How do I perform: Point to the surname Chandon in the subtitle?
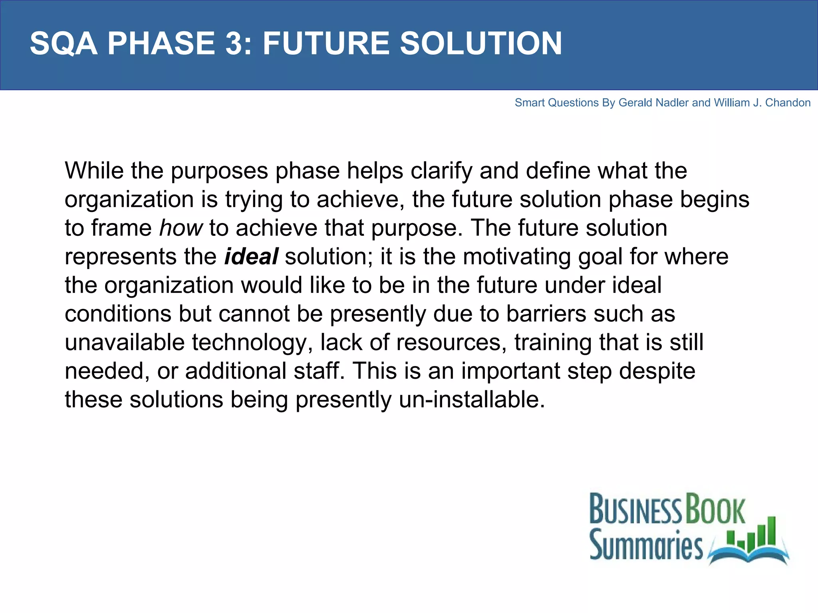pos(788,103)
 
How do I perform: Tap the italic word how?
pos(181,228)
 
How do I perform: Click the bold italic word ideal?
pos(251,257)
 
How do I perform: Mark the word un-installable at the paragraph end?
pos(472,399)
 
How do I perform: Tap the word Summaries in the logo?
pos(646,544)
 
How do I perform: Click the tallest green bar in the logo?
pos(771,531)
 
